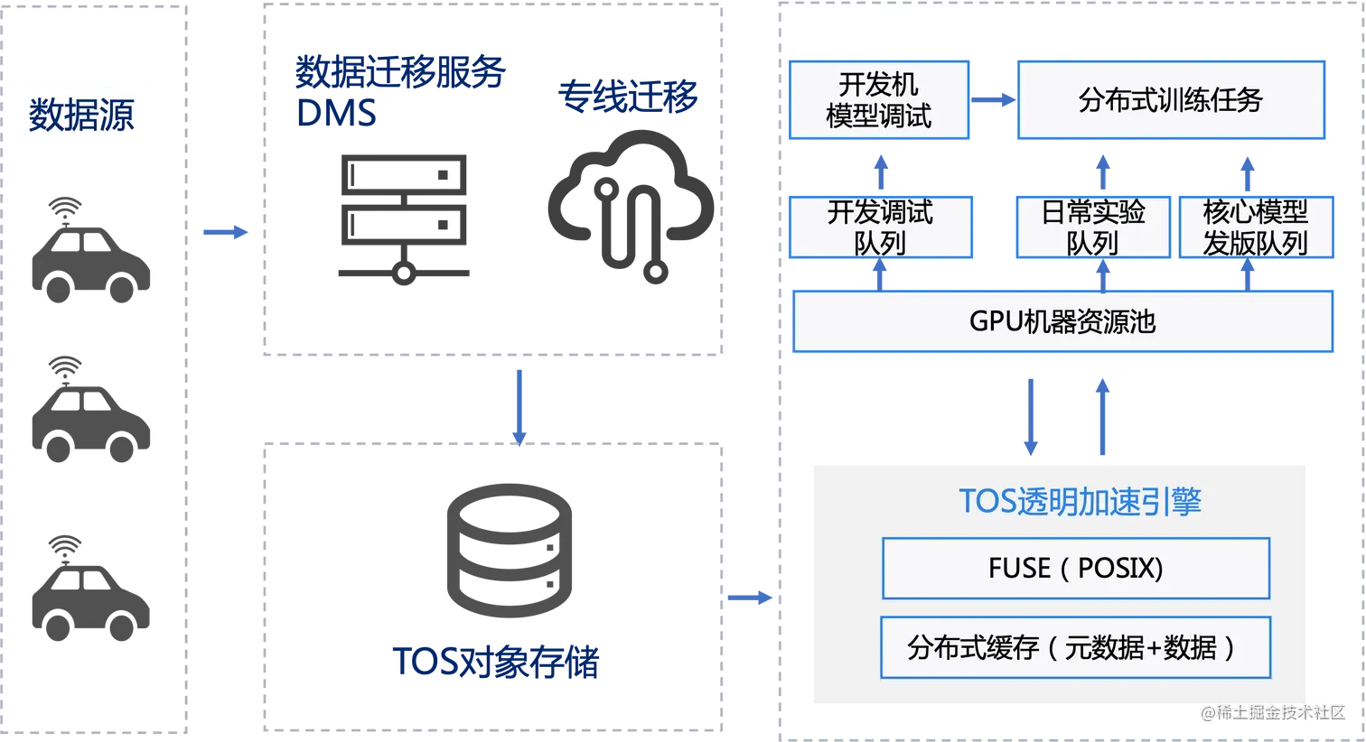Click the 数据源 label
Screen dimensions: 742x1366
click(x=82, y=115)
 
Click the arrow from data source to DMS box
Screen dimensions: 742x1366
click(x=225, y=232)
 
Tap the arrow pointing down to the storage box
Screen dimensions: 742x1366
click(x=519, y=403)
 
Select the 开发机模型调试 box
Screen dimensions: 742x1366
click(x=879, y=100)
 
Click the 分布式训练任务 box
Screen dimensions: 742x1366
click(x=1170, y=100)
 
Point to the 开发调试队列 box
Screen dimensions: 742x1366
click(x=880, y=227)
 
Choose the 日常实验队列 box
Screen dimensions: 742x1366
click(x=1092, y=227)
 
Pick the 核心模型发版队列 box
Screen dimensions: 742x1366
click(x=1255, y=227)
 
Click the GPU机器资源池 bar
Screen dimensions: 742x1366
click(x=1062, y=321)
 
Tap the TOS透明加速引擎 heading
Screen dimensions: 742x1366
click(x=1080, y=501)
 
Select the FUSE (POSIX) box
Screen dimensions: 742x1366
click(x=1075, y=568)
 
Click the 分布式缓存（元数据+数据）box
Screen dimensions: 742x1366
click(x=1075, y=647)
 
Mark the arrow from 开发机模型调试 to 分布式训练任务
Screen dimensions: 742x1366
click(x=993, y=98)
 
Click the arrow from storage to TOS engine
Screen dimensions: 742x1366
click(x=749, y=597)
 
